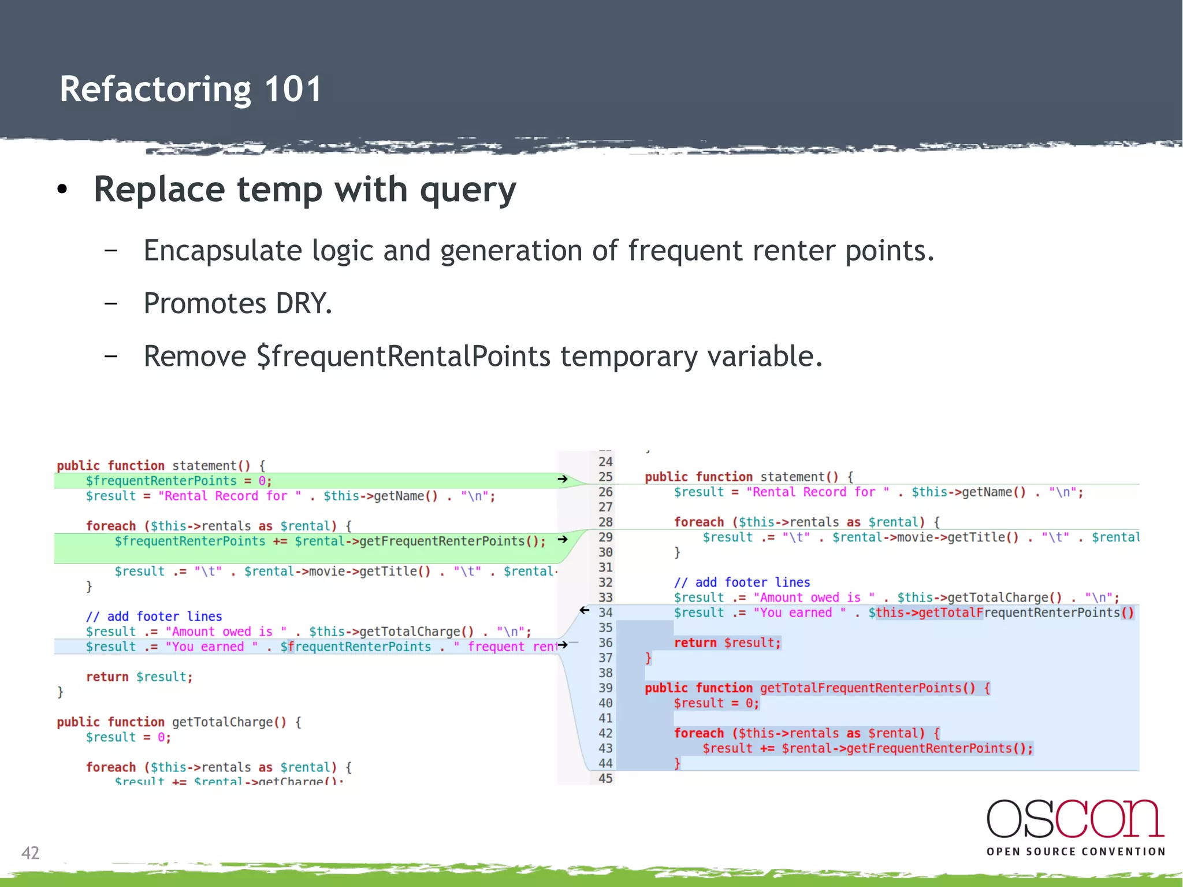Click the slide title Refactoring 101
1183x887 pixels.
[191, 90]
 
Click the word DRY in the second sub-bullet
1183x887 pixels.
[303, 303]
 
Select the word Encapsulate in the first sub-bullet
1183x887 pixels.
[222, 251]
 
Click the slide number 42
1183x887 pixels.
[30, 853]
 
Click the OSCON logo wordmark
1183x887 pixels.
[1075, 819]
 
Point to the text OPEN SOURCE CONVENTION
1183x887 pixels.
[1076, 852]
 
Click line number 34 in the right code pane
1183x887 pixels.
[605, 613]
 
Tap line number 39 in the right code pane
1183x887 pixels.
[605, 688]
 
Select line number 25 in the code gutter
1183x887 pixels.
[605, 477]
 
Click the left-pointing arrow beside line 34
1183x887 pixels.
[585, 610]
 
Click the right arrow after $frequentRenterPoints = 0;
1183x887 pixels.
[562, 479]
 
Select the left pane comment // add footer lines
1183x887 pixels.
[154, 617]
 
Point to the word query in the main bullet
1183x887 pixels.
[468, 190]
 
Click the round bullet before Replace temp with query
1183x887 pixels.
[62, 190]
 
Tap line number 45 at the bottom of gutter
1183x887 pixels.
[605, 778]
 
